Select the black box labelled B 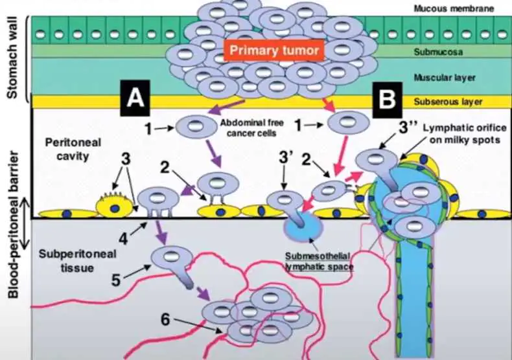point(388,99)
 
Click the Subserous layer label point(445,102)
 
